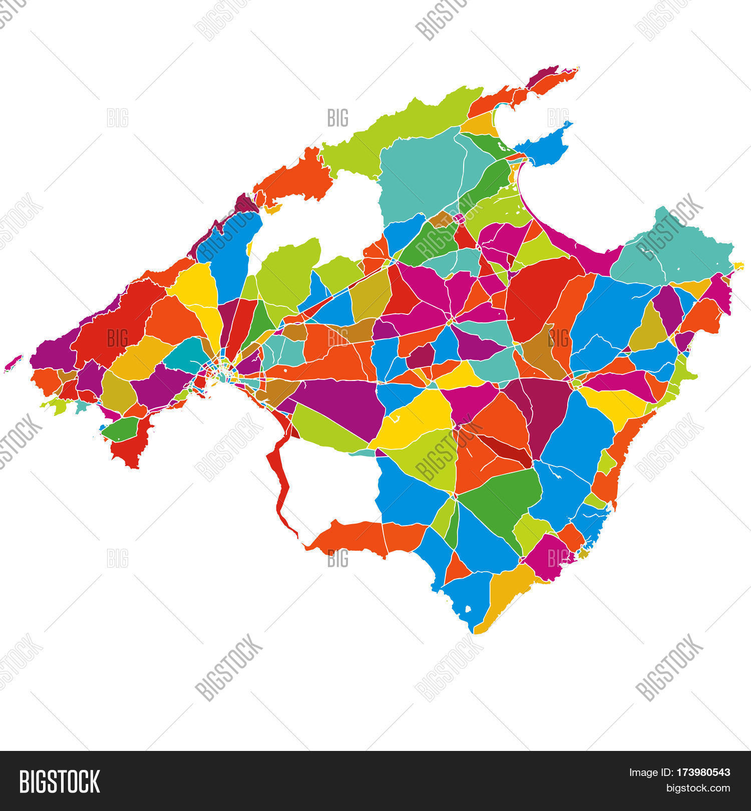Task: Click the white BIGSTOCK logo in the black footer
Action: (x=59, y=781)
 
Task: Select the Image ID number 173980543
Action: (x=703, y=772)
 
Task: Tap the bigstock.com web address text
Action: (x=697, y=788)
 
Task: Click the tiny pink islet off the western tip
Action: (x=13, y=363)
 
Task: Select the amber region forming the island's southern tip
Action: (x=506, y=593)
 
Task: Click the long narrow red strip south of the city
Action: (x=279, y=481)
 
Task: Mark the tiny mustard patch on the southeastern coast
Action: (x=583, y=554)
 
